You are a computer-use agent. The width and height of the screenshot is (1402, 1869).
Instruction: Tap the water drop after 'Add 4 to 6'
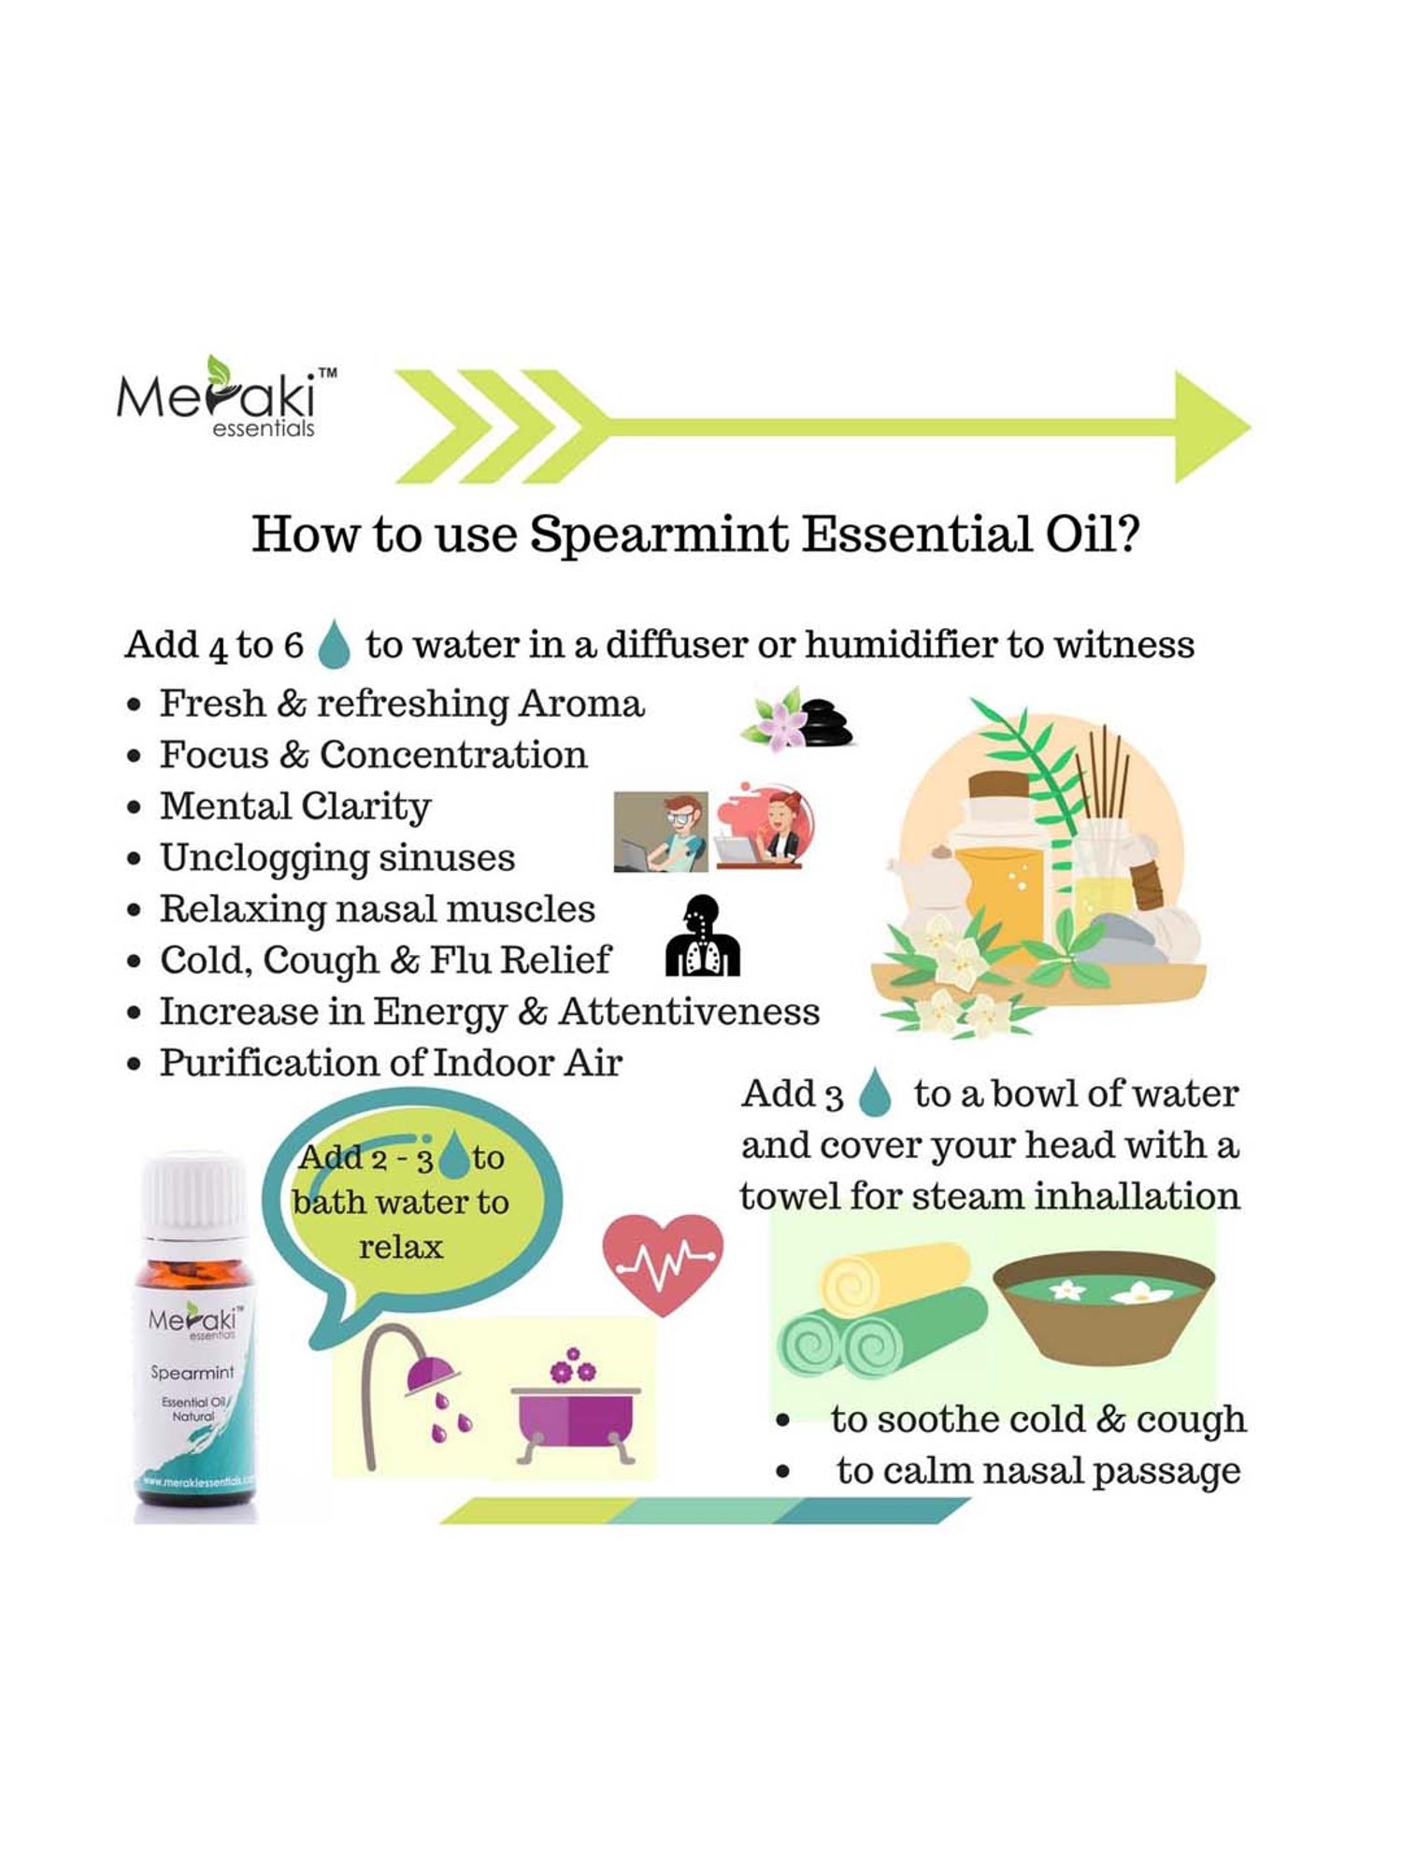click(334, 646)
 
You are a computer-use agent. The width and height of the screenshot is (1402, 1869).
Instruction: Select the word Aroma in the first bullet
click(581, 704)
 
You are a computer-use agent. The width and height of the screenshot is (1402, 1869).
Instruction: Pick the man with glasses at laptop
click(661, 832)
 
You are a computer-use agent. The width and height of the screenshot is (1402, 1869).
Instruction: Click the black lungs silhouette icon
click(703, 937)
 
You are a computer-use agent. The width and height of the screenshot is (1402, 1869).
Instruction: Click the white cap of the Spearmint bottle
click(194, 1196)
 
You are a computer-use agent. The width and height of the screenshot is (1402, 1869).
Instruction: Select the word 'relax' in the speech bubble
click(400, 1247)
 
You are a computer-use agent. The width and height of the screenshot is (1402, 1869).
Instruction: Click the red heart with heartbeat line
click(663, 1263)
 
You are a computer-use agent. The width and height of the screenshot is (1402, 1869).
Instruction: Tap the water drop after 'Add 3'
click(875, 1093)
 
